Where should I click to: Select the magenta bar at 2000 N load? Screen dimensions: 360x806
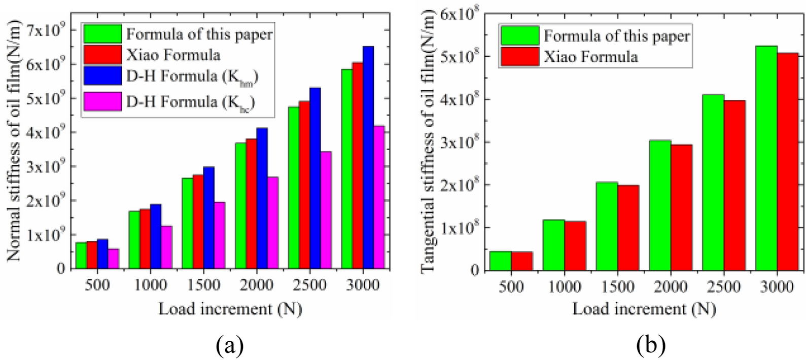point(272,223)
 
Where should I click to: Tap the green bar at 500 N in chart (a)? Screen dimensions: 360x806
point(81,256)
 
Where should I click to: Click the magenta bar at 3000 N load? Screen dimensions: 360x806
point(379,197)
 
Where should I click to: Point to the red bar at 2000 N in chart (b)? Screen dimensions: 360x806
point(681,207)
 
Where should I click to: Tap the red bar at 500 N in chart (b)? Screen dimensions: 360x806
point(522,261)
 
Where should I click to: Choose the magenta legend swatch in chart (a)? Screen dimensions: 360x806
point(103,101)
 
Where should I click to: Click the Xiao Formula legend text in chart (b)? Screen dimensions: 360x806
point(590,57)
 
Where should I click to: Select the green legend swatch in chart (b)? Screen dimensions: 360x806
point(520,36)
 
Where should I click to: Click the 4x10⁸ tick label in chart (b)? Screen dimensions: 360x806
point(460,99)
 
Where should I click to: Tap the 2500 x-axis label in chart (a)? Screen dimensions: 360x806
point(310,285)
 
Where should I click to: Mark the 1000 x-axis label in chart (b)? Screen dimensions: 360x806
point(565,287)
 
